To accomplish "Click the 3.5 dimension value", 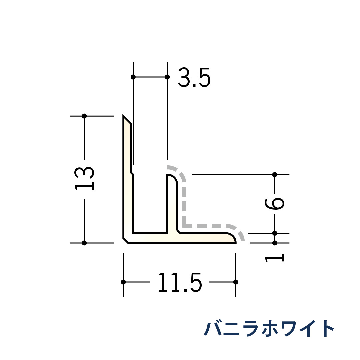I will pos(194,78).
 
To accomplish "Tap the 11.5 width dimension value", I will pos(180,283).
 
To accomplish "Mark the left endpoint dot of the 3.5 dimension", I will pos(133,77).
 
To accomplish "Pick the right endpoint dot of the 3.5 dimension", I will pos(167,77).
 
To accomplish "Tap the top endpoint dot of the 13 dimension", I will pos(84,116).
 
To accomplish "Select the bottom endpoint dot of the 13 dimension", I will pos(84,243).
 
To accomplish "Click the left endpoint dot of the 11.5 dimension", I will pos(123,282).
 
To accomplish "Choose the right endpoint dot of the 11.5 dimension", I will pos(236,282).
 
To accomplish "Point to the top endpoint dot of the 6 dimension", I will pos(275,175).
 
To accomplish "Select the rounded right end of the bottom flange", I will pos(232,238).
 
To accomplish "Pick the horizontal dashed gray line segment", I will pos(207,226).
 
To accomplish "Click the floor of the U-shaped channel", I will pos(150,233).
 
